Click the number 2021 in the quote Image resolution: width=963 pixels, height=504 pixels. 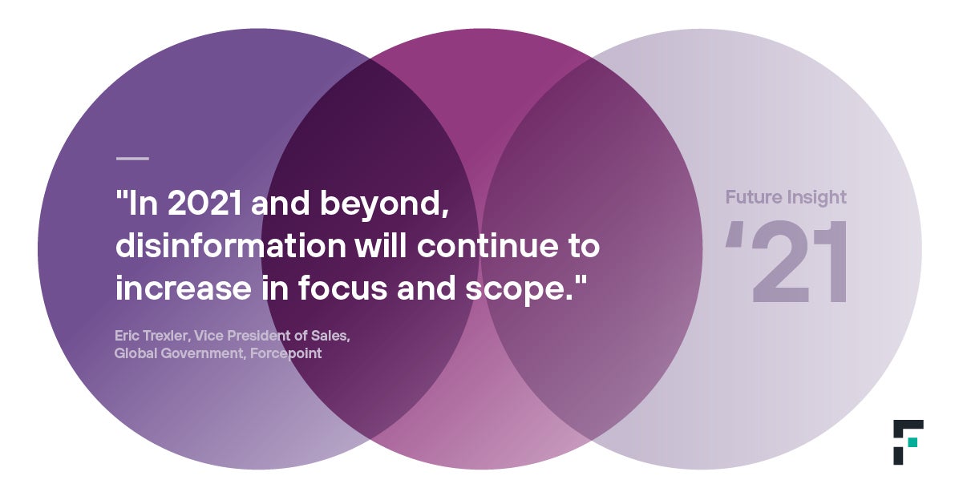[x=204, y=203]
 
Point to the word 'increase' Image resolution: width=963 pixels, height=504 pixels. [x=184, y=288]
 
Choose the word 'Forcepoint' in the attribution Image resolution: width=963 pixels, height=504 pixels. [x=286, y=353]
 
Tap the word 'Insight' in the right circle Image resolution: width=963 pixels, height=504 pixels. [x=816, y=198]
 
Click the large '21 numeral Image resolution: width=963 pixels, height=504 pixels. [x=787, y=262]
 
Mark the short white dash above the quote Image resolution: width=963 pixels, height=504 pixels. [x=132, y=159]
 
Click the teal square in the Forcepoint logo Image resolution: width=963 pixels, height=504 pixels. [x=912, y=442]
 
